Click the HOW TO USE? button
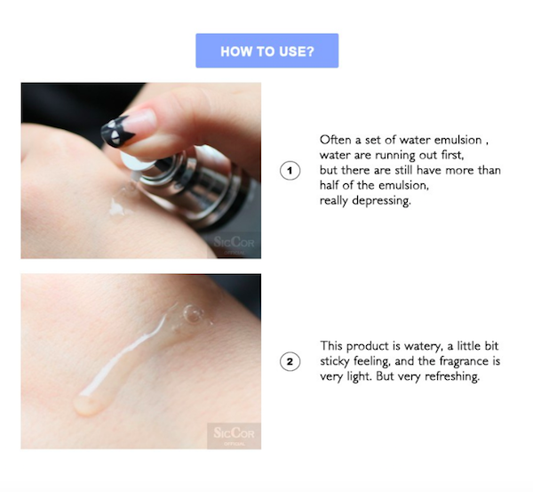(x=266, y=51)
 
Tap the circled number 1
(x=290, y=171)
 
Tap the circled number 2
(x=290, y=361)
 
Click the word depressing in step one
(x=381, y=200)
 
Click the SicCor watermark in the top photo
(x=234, y=244)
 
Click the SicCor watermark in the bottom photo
(x=234, y=435)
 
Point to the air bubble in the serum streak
(x=193, y=313)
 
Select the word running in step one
(x=395, y=156)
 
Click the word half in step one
(x=330, y=185)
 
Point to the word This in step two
(x=331, y=346)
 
